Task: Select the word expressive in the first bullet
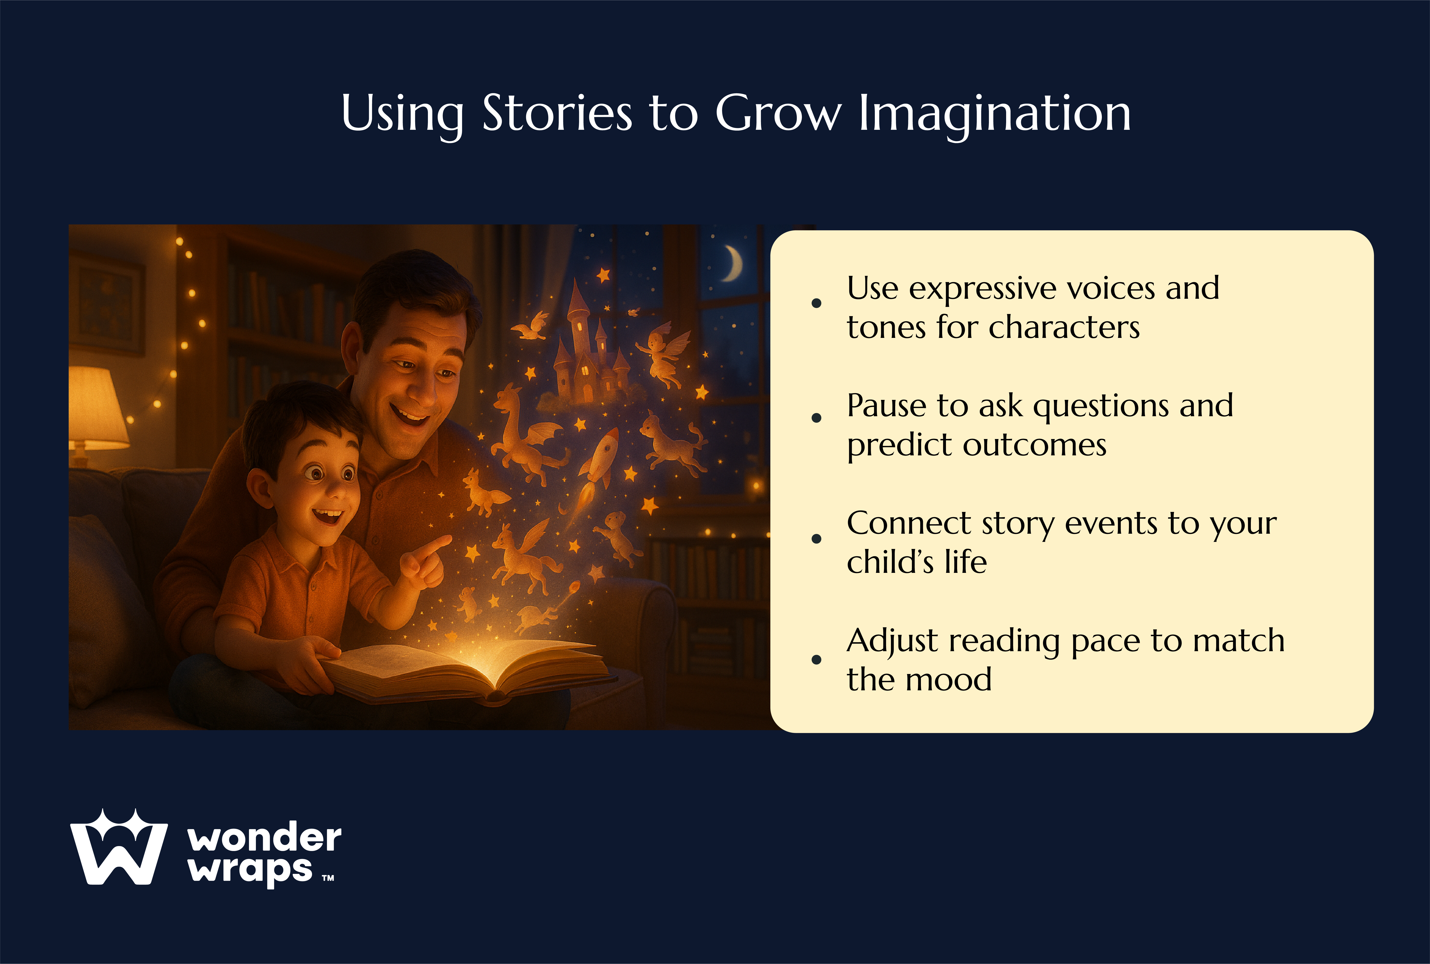981,289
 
